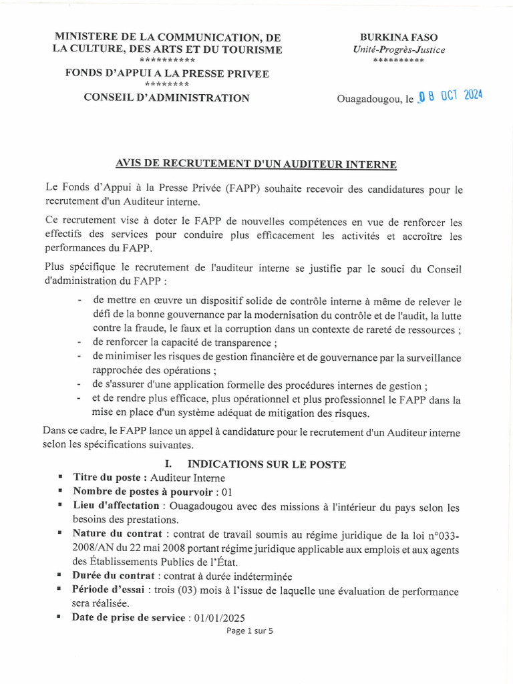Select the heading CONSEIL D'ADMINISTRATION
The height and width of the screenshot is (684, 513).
coord(166,98)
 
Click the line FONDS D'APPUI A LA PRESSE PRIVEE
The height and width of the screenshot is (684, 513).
coord(166,73)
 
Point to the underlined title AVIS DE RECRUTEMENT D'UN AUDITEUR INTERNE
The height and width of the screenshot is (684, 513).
coord(256,164)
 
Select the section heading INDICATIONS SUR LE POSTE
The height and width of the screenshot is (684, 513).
coord(267,464)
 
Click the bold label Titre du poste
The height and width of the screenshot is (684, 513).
coord(110,478)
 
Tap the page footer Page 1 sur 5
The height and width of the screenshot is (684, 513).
coord(250,631)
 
